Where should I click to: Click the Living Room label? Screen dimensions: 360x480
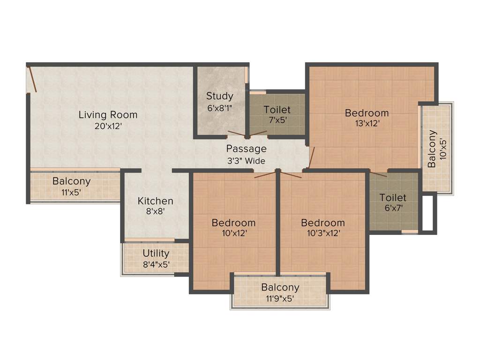click(108, 114)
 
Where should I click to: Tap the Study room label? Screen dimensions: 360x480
click(219, 96)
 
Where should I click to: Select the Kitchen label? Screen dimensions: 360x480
click(155, 201)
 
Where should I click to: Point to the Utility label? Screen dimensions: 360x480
click(156, 253)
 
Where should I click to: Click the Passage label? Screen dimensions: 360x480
click(246, 149)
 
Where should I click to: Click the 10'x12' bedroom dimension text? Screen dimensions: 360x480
click(233, 233)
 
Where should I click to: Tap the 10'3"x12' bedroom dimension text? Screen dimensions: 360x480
click(322, 233)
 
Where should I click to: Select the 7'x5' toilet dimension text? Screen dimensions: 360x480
click(277, 120)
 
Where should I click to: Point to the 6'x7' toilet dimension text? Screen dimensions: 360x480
click(393, 208)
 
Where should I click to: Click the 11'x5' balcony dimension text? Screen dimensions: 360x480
click(71, 191)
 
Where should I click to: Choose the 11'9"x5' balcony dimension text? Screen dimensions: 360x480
click(280, 298)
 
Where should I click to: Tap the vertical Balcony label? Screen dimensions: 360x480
click(432, 149)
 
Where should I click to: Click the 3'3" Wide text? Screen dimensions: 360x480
click(246, 161)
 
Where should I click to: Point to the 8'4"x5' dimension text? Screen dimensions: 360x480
click(156, 264)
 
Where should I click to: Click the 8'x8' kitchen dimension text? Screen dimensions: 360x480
click(155, 211)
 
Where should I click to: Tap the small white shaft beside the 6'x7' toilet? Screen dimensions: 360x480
click(427, 212)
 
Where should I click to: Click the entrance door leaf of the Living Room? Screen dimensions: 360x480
click(32, 78)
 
